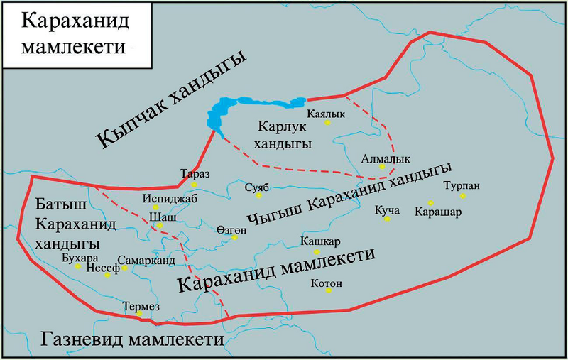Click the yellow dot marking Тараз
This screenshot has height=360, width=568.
(x=194, y=185)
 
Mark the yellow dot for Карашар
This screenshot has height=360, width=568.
(x=431, y=202)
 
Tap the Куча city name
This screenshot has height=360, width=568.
(x=388, y=209)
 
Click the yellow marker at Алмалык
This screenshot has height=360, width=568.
(x=382, y=167)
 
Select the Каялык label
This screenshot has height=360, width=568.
(x=325, y=112)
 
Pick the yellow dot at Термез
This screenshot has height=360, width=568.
(x=141, y=314)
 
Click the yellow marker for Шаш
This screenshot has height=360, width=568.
(x=160, y=226)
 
